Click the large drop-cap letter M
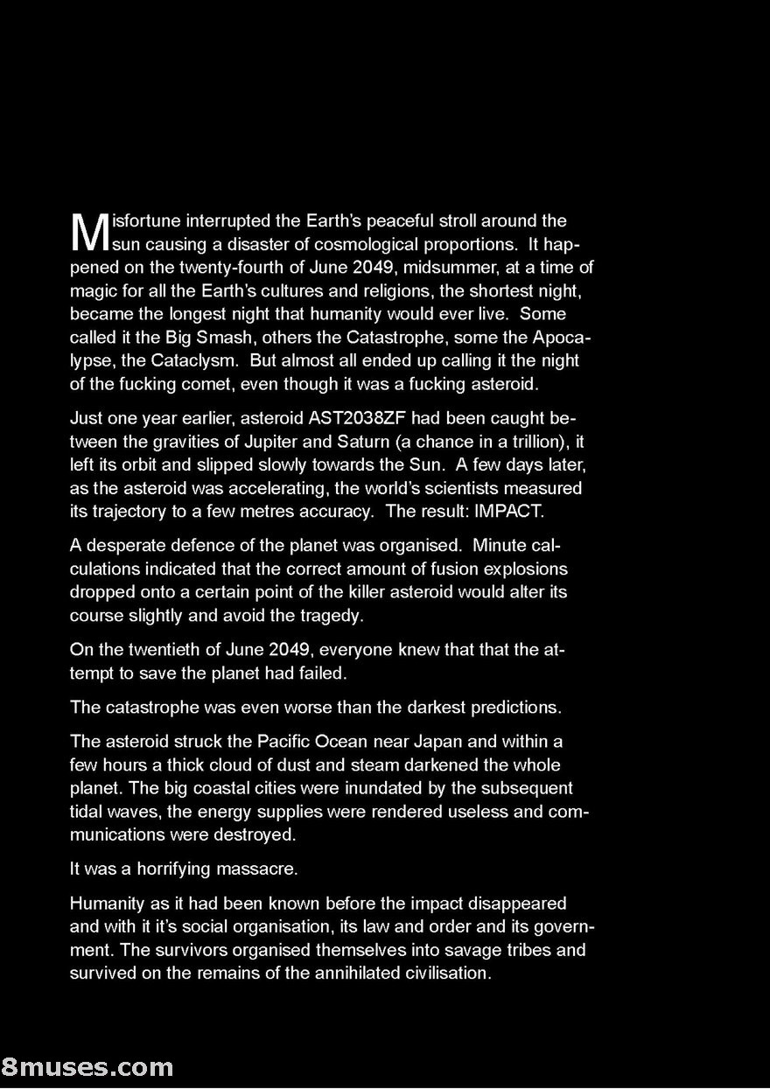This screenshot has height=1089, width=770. (89, 232)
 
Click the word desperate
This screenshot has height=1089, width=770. (122, 546)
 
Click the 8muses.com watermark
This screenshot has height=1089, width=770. (87, 1067)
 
